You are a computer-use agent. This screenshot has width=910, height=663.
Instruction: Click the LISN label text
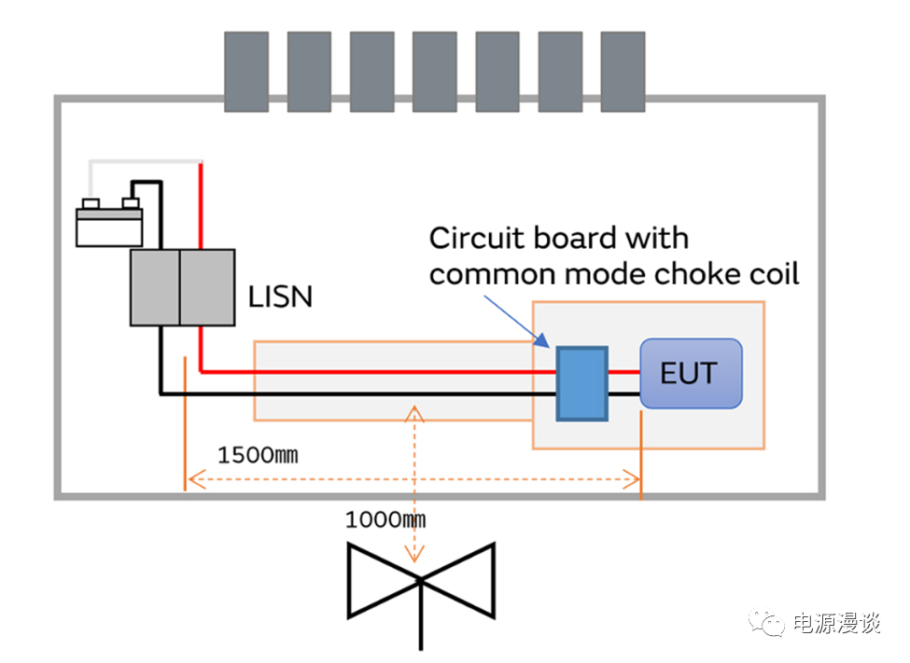(280, 297)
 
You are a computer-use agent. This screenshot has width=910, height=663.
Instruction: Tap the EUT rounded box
(691, 373)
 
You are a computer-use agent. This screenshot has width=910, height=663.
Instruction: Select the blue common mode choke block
(581, 383)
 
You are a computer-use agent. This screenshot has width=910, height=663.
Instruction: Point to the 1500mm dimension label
(258, 456)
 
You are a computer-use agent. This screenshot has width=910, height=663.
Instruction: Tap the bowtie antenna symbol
(420, 582)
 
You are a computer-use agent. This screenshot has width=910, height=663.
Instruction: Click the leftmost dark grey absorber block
(246, 71)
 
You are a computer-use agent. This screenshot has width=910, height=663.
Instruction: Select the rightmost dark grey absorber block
(623, 71)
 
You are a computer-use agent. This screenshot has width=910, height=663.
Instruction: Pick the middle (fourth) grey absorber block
(434, 71)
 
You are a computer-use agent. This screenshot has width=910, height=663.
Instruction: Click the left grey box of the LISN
(154, 287)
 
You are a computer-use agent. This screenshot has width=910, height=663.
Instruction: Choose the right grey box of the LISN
(206, 287)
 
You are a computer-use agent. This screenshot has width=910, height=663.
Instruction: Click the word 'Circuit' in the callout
(475, 239)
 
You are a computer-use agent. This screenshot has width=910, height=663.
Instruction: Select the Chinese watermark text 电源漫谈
(836, 623)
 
